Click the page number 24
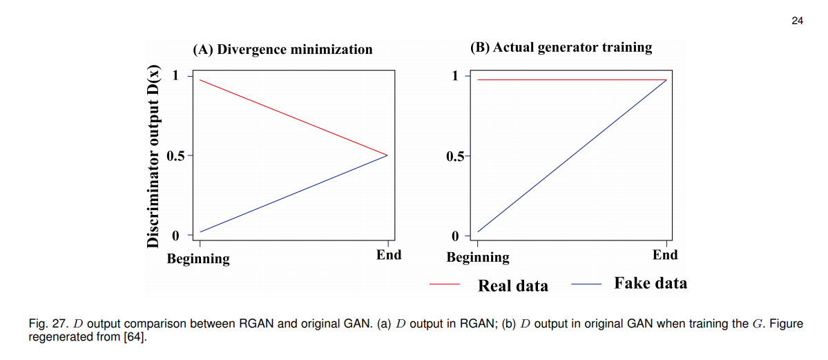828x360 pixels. pyautogui.click(x=797, y=21)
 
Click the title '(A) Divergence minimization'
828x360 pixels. pyautogui.click(x=282, y=49)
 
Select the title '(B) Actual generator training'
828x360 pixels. pyautogui.click(x=561, y=47)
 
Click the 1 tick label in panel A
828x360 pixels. pyautogui.click(x=175, y=75)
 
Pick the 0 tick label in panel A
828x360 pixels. pyautogui.click(x=175, y=236)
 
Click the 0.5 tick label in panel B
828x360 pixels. pyautogui.click(x=456, y=156)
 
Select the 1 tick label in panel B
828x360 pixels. pyautogui.click(x=455, y=75)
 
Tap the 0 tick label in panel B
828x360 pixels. pyautogui.click(x=455, y=236)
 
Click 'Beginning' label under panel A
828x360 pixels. pyautogui.click(x=199, y=259)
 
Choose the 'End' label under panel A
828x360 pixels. pyautogui.click(x=389, y=255)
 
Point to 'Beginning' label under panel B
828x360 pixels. pyautogui.click(x=478, y=258)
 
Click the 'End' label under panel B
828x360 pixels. pyautogui.click(x=665, y=255)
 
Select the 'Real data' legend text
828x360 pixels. pyautogui.click(x=513, y=285)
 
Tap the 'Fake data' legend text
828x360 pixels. pyautogui.click(x=651, y=283)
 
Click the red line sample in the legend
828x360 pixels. pyautogui.click(x=445, y=284)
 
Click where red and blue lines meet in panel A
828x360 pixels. pyautogui.click(x=387, y=155)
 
